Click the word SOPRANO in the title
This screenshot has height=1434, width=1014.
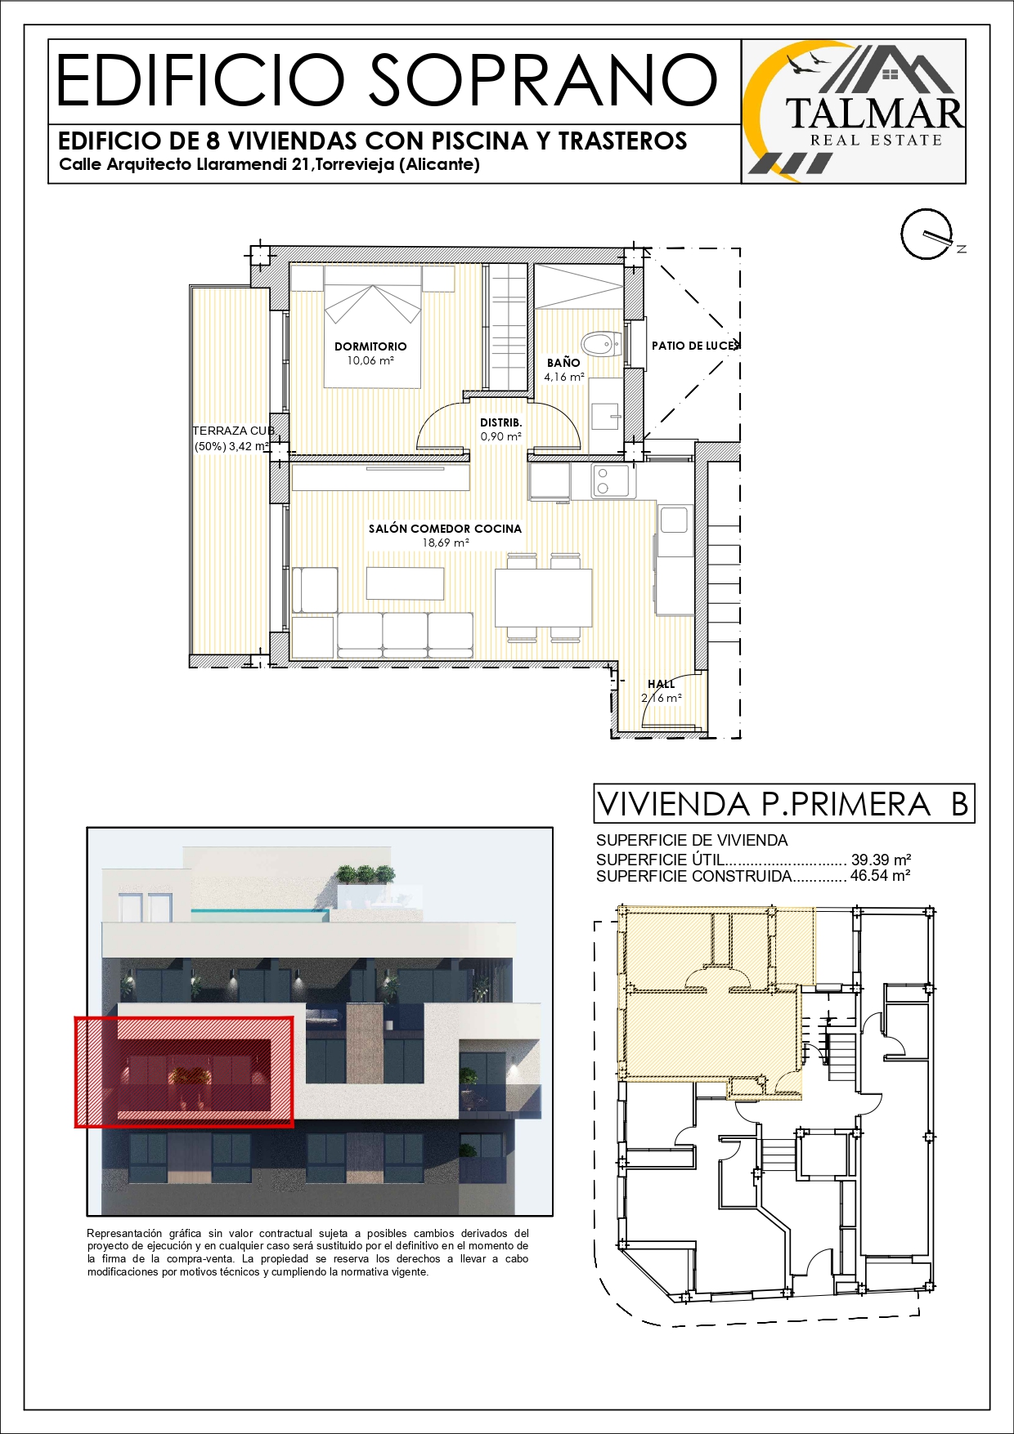click(x=544, y=80)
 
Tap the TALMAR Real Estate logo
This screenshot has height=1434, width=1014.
click(x=854, y=111)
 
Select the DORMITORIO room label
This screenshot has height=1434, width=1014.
click(x=370, y=346)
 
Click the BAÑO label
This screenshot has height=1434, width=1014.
click(x=563, y=363)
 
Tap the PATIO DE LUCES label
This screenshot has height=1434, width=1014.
click(x=695, y=346)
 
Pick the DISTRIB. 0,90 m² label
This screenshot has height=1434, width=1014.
click(x=501, y=429)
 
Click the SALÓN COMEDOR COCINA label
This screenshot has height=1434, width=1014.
click(x=445, y=529)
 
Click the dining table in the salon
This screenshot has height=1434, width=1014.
click(x=543, y=596)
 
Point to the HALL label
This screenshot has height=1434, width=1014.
click(x=662, y=684)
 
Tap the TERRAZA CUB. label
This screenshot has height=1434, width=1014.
click(x=234, y=431)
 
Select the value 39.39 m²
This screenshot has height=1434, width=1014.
click(x=881, y=860)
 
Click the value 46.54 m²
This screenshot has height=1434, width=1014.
click(x=881, y=875)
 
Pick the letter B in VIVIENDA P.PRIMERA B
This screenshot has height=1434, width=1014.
click(x=960, y=804)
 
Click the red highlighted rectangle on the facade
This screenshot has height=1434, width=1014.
click(x=184, y=1072)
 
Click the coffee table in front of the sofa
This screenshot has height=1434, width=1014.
click(x=405, y=583)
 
